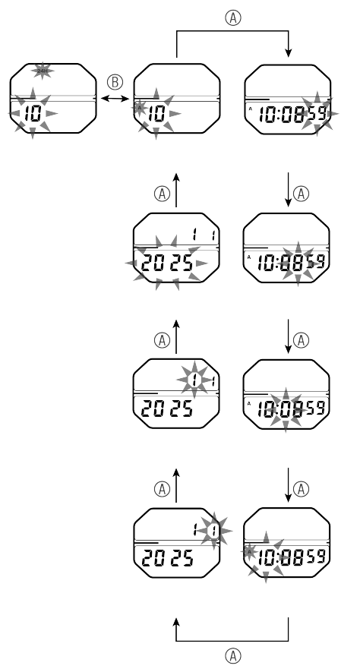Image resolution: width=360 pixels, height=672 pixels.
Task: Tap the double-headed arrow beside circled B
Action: (114, 99)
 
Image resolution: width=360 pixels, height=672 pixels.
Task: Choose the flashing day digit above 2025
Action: (216, 528)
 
